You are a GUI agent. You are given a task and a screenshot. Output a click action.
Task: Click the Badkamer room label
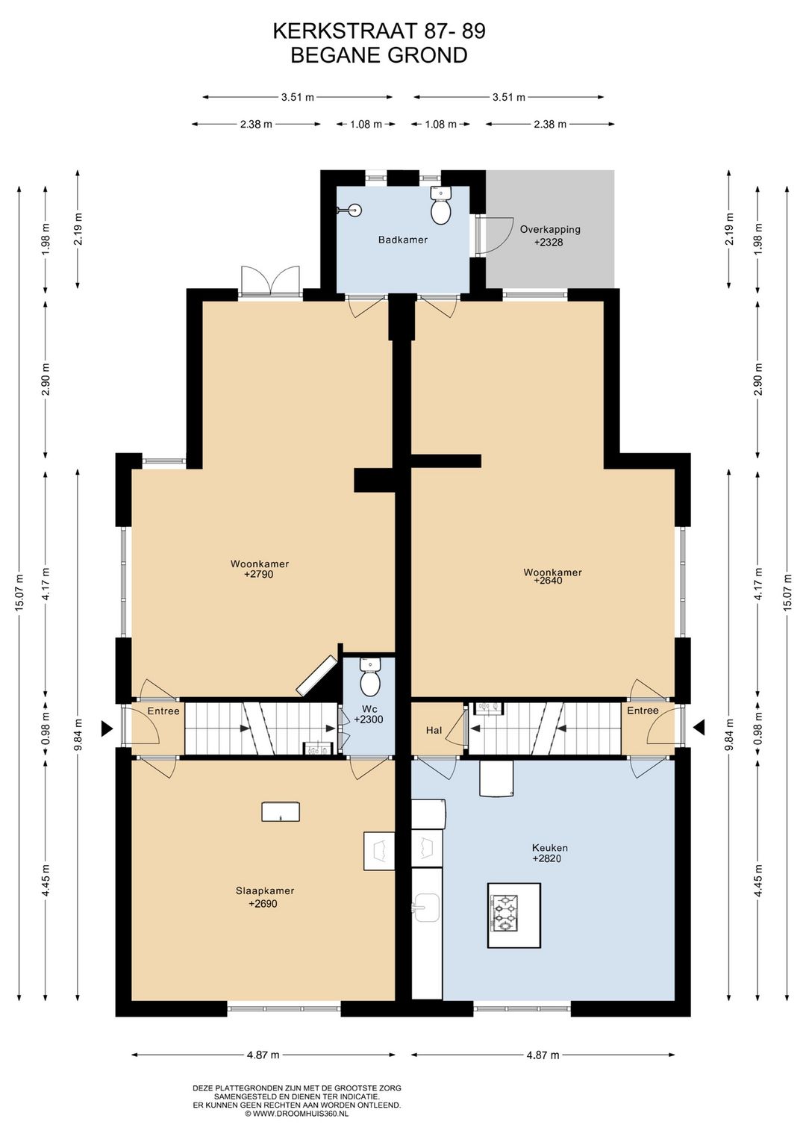coord(403,240)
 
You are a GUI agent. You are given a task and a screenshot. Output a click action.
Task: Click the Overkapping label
coord(550,229)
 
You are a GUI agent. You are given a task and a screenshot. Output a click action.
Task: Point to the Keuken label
coord(550,848)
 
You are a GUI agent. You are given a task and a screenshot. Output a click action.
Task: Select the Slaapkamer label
coord(265,891)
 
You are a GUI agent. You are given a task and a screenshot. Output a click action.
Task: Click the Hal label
coord(434,731)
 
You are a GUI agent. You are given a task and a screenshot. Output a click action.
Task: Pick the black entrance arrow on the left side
coord(107,728)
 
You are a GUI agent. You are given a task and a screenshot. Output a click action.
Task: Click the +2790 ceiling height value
coord(259,575)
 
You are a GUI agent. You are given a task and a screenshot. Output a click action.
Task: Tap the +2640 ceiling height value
coord(549,580)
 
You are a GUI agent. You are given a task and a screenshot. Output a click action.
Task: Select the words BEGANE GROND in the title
coord(379,55)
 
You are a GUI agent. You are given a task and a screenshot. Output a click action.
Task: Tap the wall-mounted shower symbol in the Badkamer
coord(352,209)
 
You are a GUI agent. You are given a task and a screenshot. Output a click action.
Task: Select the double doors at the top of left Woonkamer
coord(270,279)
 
